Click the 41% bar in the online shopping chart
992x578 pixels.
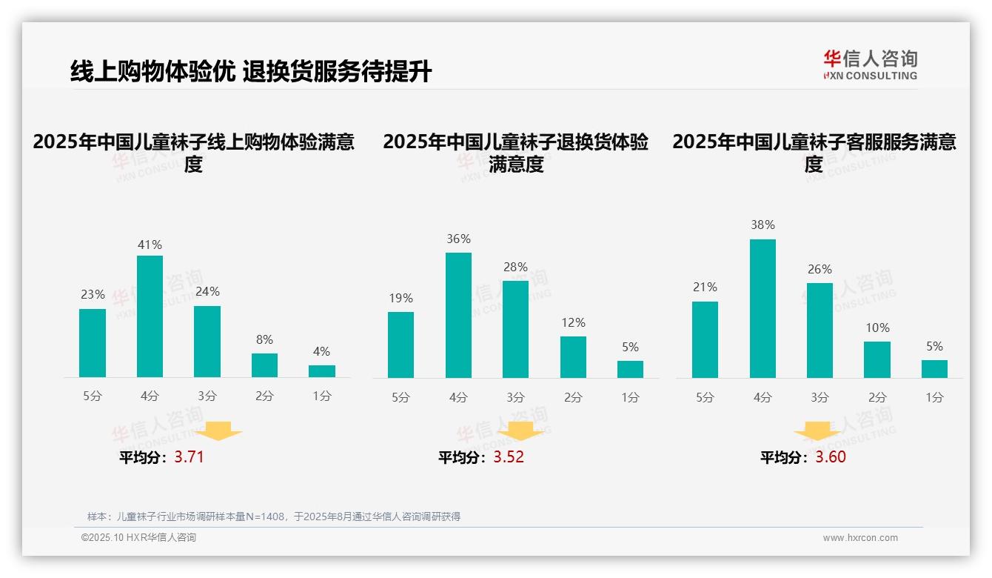[x=150, y=316]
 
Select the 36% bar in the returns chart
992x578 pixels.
[x=458, y=315]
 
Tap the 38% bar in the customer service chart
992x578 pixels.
[x=763, y=308]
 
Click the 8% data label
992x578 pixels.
[x=264, y=339]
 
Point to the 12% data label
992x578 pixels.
[x=573, y=322]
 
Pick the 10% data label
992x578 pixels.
[x=877, y=328]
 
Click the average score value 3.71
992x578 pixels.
[x=189, y=456]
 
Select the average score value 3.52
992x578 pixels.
[x=509, y=456]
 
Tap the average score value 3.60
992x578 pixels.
[x=831, y=456]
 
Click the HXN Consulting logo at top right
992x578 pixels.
[x=870, y=65]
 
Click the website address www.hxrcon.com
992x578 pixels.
[x=860, y=537]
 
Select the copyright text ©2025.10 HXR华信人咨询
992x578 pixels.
[x=138, y=537]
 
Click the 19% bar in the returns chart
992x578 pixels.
[x=401, y=345]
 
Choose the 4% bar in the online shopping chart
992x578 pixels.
[x=322, y=371]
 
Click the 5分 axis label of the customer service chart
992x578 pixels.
[x=705, y=397]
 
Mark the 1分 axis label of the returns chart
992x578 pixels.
[x=630, y=397]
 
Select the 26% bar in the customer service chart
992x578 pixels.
[x=820, y=330]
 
